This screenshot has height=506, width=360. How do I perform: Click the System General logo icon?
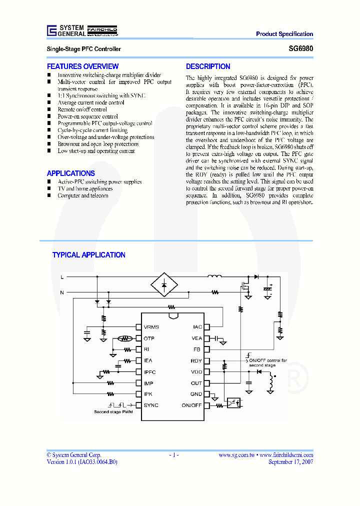51,30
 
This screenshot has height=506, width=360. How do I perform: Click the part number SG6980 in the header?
303,49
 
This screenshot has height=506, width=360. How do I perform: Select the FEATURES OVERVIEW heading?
82,66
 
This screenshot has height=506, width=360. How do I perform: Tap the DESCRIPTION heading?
208,66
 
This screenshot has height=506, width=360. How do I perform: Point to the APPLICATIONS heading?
70,173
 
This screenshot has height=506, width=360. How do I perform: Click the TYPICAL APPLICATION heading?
88,255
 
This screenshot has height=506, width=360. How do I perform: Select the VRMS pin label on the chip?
151,327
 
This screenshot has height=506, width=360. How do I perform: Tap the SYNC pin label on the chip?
150,405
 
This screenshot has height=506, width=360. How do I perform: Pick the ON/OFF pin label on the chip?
191,405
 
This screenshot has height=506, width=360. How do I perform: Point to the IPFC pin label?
150,372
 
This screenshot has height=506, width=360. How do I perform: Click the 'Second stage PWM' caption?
113,412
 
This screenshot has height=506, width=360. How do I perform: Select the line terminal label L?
62,276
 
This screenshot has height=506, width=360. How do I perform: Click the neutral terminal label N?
62,291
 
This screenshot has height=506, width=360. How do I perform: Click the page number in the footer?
173,455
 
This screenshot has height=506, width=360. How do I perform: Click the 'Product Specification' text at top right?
284,34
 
